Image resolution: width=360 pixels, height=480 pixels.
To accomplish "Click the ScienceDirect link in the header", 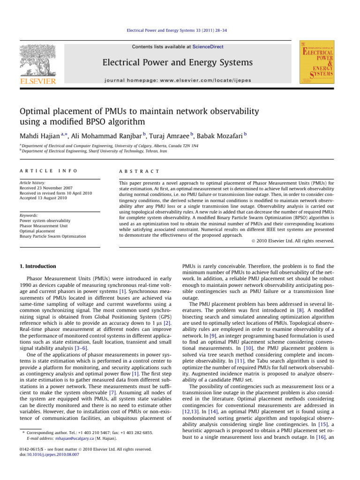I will pos(207,47).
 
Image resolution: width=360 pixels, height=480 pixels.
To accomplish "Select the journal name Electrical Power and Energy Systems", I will pos(177,63).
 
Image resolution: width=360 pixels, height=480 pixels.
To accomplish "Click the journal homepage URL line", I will pos(177,80).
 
